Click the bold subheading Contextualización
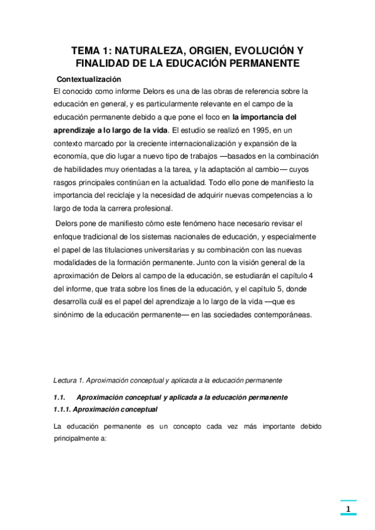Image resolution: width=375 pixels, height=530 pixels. coord(88,79)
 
